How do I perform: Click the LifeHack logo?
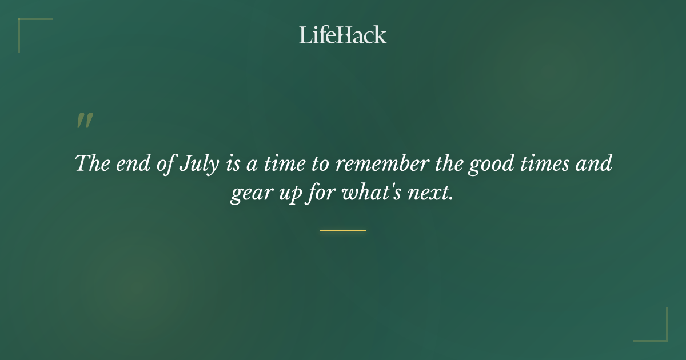[343, 35]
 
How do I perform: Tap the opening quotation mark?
[85, 121]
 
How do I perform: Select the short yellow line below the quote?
[343, 230]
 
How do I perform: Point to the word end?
[131, 164]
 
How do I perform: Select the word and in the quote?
[595, 164]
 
